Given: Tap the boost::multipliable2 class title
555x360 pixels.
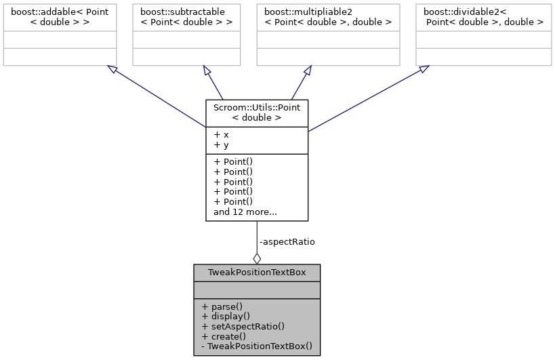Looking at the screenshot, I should [x=325, y=17].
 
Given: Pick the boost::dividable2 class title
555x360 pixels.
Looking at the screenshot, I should [x=483, y=17].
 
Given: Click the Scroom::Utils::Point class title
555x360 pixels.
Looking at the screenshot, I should [x=257, y=113].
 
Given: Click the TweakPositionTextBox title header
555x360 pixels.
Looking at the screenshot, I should [x=257, y=273].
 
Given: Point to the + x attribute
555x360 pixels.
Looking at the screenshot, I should [x=221, y=135].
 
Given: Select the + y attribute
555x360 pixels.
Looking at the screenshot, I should [x=221, y=144].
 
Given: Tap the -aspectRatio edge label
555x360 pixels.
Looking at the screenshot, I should [x=287, y=241].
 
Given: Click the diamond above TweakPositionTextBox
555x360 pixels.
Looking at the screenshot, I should [x=257, y=258].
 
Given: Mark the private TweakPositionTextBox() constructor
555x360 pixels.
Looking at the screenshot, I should [x=257, y=346].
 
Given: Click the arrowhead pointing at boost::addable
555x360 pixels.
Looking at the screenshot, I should [x=111, y=69].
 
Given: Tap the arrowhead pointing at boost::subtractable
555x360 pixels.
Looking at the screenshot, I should [x=207, y=71].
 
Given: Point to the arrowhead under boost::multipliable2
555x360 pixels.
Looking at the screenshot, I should [x=306, y=71].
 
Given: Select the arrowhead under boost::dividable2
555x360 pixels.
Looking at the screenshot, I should [x=423, y=69].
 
